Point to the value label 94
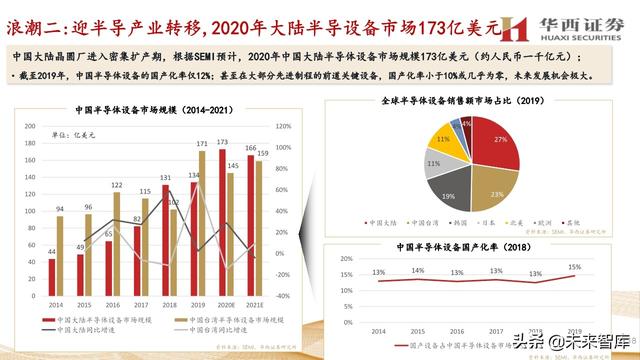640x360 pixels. pyautogui.click(x=60, y=209)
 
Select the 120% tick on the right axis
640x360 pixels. pyautogui.click(x=284, y=128)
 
